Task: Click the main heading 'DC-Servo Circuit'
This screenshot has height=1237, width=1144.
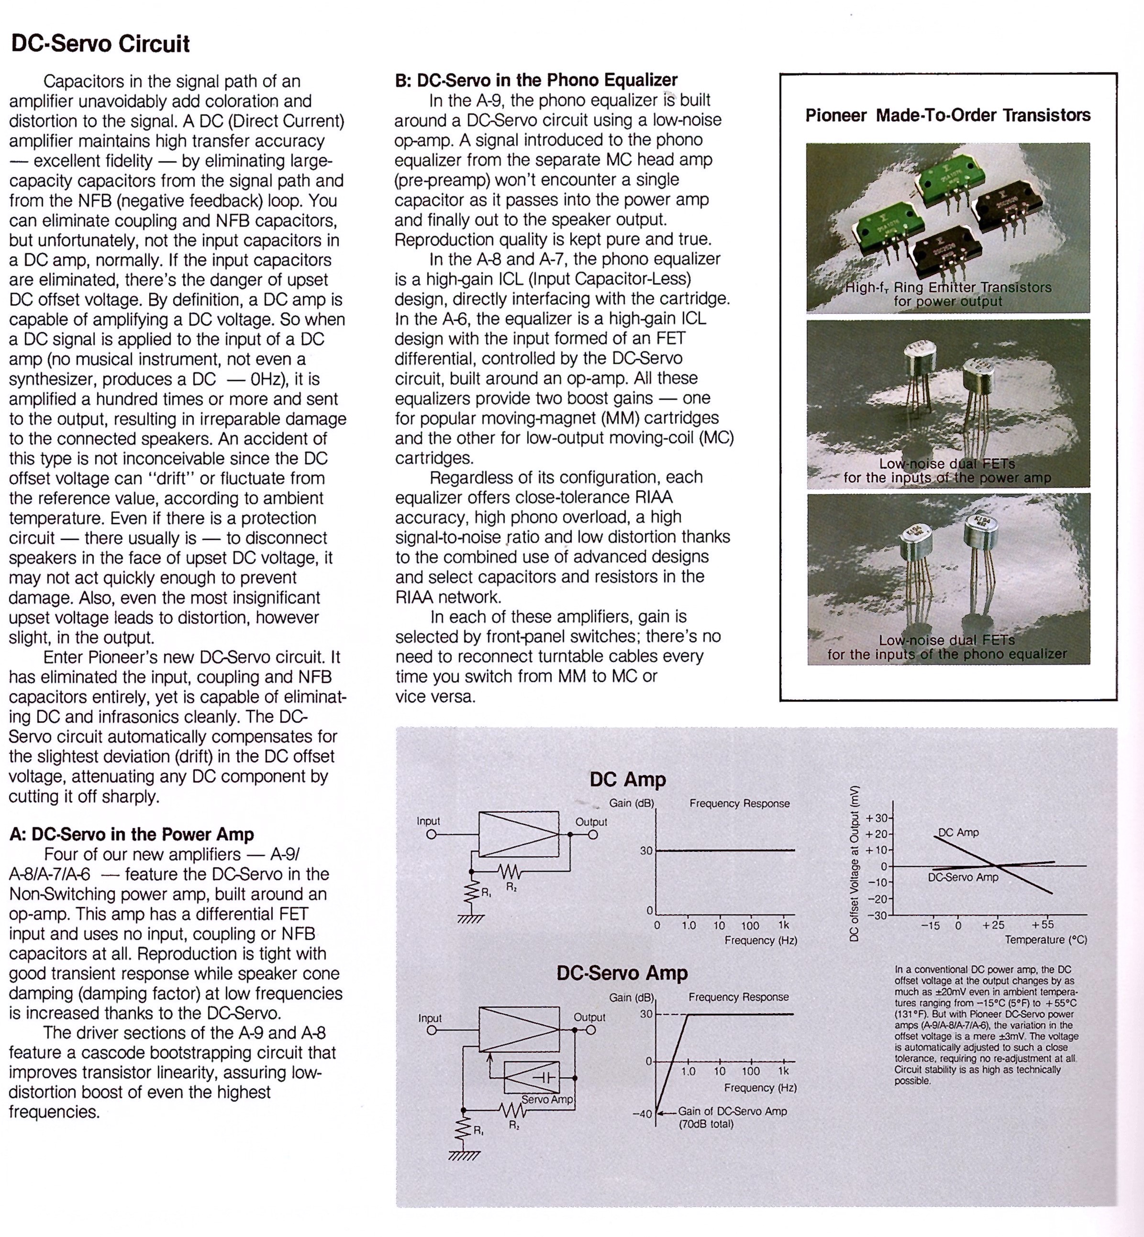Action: (x=100, y=44)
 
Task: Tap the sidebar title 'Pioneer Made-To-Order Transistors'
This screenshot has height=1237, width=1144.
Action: (x=948, y=115)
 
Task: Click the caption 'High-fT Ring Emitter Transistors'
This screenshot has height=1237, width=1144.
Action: (x=948, y=287)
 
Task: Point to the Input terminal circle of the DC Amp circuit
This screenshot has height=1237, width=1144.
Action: (x=432, y=835)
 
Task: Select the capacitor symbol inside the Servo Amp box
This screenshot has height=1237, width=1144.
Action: (x=546, y=1077)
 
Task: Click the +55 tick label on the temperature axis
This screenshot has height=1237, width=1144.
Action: (x=1043, y=925)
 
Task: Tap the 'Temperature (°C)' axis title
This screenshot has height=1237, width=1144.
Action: (x=1045, y=940)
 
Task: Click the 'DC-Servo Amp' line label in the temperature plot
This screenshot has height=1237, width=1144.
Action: (x=963, y=877)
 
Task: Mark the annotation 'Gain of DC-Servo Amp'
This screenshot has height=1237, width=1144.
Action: (x=733, y=1111)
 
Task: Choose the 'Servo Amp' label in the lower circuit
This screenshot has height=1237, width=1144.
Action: (x=547, y=1100)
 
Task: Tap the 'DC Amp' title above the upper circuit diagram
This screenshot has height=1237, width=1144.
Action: (x=628, y=779)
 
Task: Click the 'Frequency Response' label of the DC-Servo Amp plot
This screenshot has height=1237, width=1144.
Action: (x=739, y=997)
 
